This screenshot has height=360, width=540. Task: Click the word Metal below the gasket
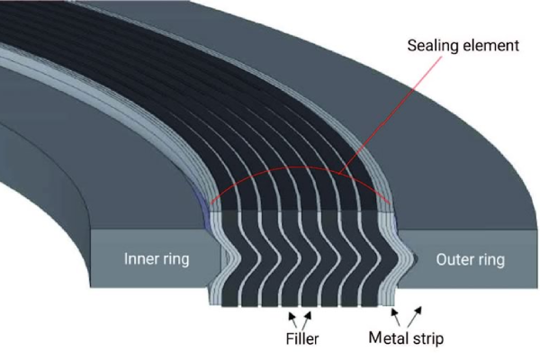click(x=390, y=338)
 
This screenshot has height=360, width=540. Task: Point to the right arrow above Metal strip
click(x=415, y=315)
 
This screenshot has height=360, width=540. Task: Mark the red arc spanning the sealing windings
click(x=297, y=168)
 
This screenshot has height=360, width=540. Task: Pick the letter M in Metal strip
click(x=376, y=338)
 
